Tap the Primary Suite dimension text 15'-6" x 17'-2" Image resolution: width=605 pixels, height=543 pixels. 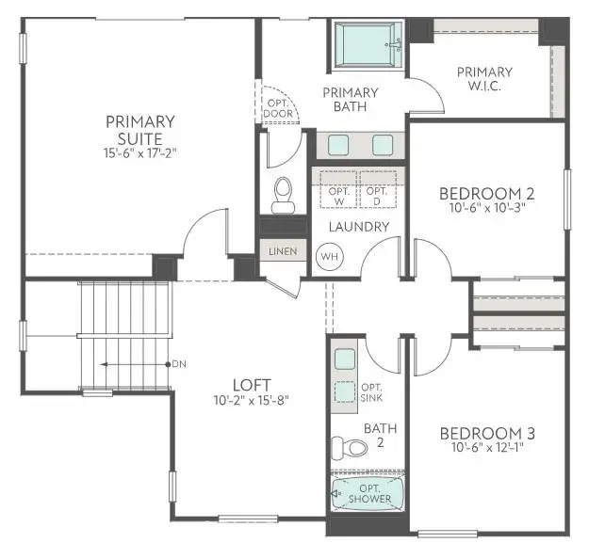[139, 152]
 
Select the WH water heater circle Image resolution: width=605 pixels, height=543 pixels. [329, 256]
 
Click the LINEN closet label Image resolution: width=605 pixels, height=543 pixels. [282, 251]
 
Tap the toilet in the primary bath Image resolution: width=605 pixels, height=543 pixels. [282, 194]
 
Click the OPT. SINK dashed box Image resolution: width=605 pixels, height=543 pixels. [345, 392]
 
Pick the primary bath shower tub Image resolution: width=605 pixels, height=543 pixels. [368, 44]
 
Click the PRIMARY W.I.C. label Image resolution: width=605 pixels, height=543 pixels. [484, 80]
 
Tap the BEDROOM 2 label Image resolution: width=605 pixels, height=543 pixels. [487, 194]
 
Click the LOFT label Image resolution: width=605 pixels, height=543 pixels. [253, 384]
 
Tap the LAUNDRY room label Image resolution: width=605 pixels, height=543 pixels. [358, 227]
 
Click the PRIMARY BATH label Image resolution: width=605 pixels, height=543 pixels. [350, 99]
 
